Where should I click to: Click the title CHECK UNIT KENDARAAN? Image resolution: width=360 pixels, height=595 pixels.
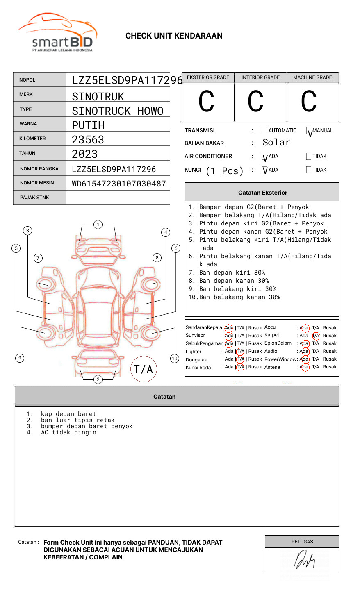pos(174,36)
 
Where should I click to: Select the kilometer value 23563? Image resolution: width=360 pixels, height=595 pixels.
pos(88,140)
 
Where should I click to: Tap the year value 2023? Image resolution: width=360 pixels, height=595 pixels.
pos(84,154)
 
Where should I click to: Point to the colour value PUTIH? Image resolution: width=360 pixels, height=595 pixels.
pos(88,125)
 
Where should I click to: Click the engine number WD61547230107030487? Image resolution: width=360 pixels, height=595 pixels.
pos(118,184)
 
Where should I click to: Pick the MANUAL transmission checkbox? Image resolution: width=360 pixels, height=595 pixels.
pos(309,131)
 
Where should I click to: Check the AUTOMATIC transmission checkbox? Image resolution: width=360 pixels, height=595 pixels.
pos(264,131)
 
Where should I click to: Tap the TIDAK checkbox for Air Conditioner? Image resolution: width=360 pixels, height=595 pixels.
pos(309,156)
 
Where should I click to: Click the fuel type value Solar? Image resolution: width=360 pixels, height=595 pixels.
pos(276,143)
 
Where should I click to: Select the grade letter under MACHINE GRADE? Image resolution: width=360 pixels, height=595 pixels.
pos(309,102)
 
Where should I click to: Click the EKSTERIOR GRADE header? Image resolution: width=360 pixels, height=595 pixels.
pos(208,77)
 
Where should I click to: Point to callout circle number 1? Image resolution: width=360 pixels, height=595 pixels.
pos(98,225)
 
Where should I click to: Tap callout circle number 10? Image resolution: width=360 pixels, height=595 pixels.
pos(175,359)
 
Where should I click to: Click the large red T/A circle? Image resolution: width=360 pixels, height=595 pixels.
pos(144,369)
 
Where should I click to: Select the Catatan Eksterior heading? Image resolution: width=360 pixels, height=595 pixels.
pos(262,193)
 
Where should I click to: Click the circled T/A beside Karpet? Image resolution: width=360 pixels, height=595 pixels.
pos(316,336)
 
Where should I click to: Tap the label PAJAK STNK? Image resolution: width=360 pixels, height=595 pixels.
pos(34,198)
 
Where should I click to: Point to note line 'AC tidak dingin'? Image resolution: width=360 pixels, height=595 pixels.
pos(68,433)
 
